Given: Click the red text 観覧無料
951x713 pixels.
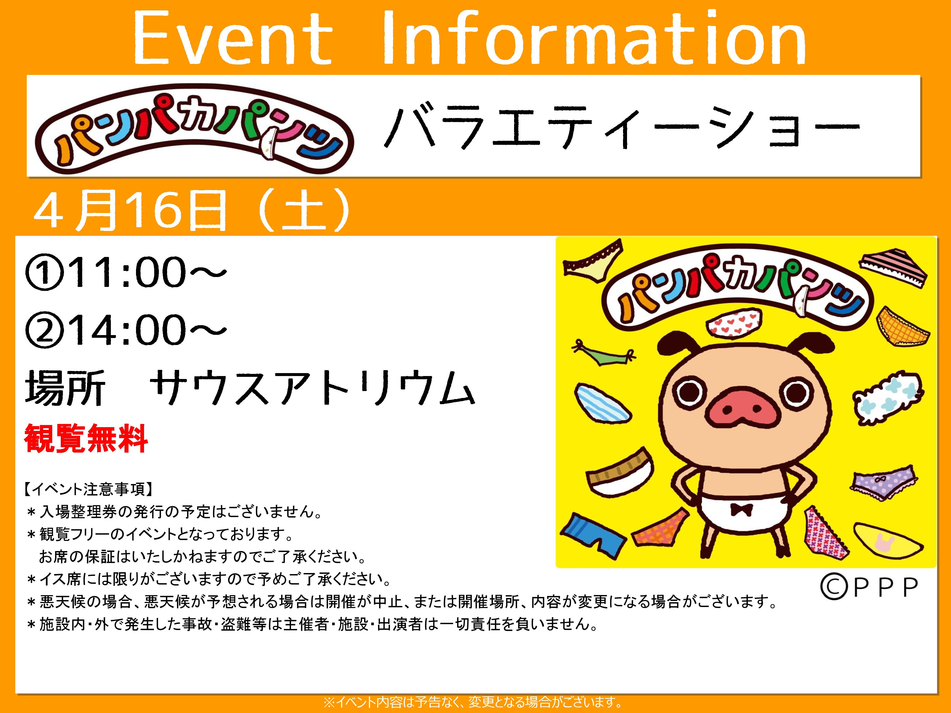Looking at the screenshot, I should pyautogui.click(x=86, y=438).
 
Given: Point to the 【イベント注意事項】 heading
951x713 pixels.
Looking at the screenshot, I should pyautogui.click(x=88, y=489).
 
